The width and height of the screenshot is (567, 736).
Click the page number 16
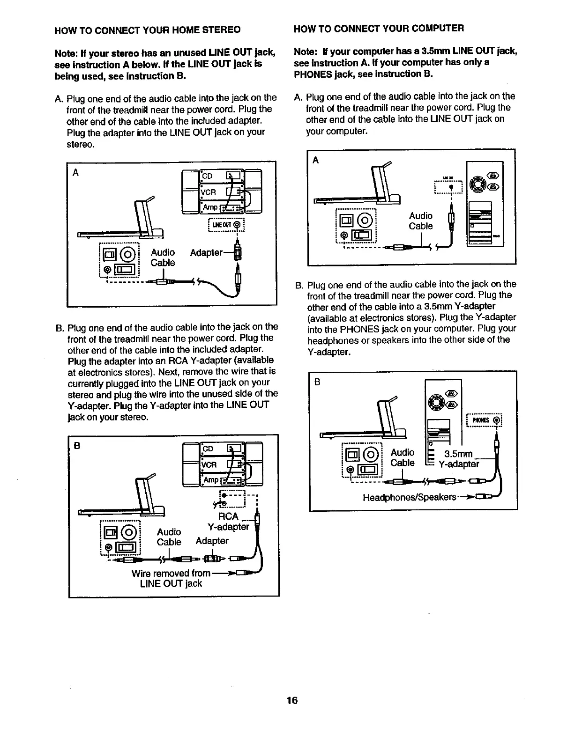point(292,700)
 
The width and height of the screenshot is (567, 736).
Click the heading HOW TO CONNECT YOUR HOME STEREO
point(148,30)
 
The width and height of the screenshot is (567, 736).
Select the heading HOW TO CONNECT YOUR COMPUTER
point(379,28)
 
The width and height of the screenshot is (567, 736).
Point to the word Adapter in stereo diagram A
point(206,253)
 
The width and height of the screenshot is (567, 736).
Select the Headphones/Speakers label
point(409,497)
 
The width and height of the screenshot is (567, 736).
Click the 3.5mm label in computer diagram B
point(458,454)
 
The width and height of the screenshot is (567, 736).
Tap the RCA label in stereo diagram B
point(229,516)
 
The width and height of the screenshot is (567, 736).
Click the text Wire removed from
point(171,573)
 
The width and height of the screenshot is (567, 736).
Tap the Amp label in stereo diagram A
point(209,207)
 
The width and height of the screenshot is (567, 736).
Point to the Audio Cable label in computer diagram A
point(420,221)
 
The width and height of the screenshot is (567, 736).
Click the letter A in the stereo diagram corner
point(75,172)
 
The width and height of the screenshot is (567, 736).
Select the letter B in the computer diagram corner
point(317,382)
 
